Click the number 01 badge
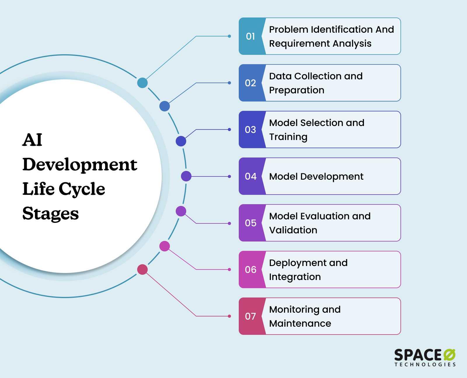coord(250,36)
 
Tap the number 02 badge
coord(250,83)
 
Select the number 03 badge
coord(250,129)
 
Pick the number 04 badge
coord(250,176)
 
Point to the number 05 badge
coord(250,223)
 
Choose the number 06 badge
coord(250,269)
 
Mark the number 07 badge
coord(250,316)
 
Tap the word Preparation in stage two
coord(297,90)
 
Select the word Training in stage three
coord(288,137)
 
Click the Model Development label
coord(316,176)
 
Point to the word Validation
coord(293,230)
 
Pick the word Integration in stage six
coord(295,277)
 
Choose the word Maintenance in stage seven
coord(300,323)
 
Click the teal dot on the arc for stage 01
coord(142,83)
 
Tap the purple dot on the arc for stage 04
coord(186,176)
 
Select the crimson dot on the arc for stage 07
coord(142,269)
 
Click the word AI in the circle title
coord(32,140)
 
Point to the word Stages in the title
coord(50,213)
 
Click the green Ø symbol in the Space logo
coord(449,355)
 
